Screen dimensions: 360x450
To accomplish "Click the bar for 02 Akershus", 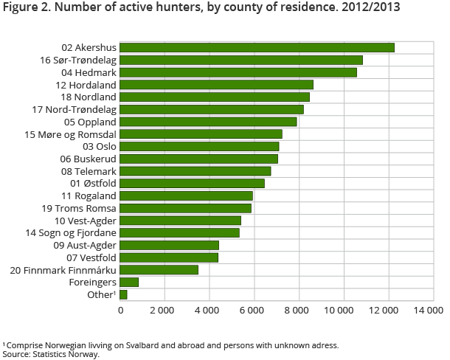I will coord(257,48).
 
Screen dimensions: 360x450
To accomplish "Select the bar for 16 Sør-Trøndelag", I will coord(241,60).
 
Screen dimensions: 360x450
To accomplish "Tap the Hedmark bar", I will coord(238,72).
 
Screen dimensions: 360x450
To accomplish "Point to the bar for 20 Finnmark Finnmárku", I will coord(159,270).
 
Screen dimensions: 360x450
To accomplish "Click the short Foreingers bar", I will coord(129,282).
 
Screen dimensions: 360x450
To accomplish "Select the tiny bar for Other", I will coord(123,294).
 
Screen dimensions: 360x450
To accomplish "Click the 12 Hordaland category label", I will coord(84,85).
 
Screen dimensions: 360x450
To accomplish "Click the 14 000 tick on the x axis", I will coord(429,311).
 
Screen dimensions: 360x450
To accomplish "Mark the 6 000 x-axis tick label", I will coord(254,311).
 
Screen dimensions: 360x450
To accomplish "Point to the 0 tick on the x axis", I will coord(121,311).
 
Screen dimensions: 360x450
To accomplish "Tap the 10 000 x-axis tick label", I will coord(341,311).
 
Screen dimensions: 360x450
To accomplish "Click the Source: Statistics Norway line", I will coord(50,353).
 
